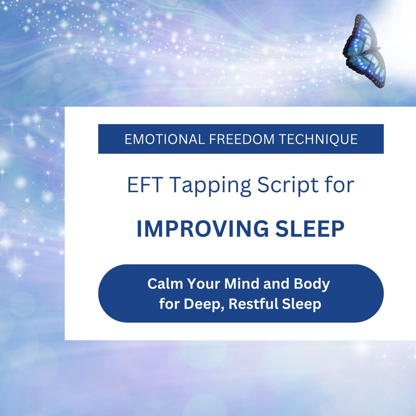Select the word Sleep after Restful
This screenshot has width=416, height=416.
303,305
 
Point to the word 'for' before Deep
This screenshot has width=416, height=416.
169,304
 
